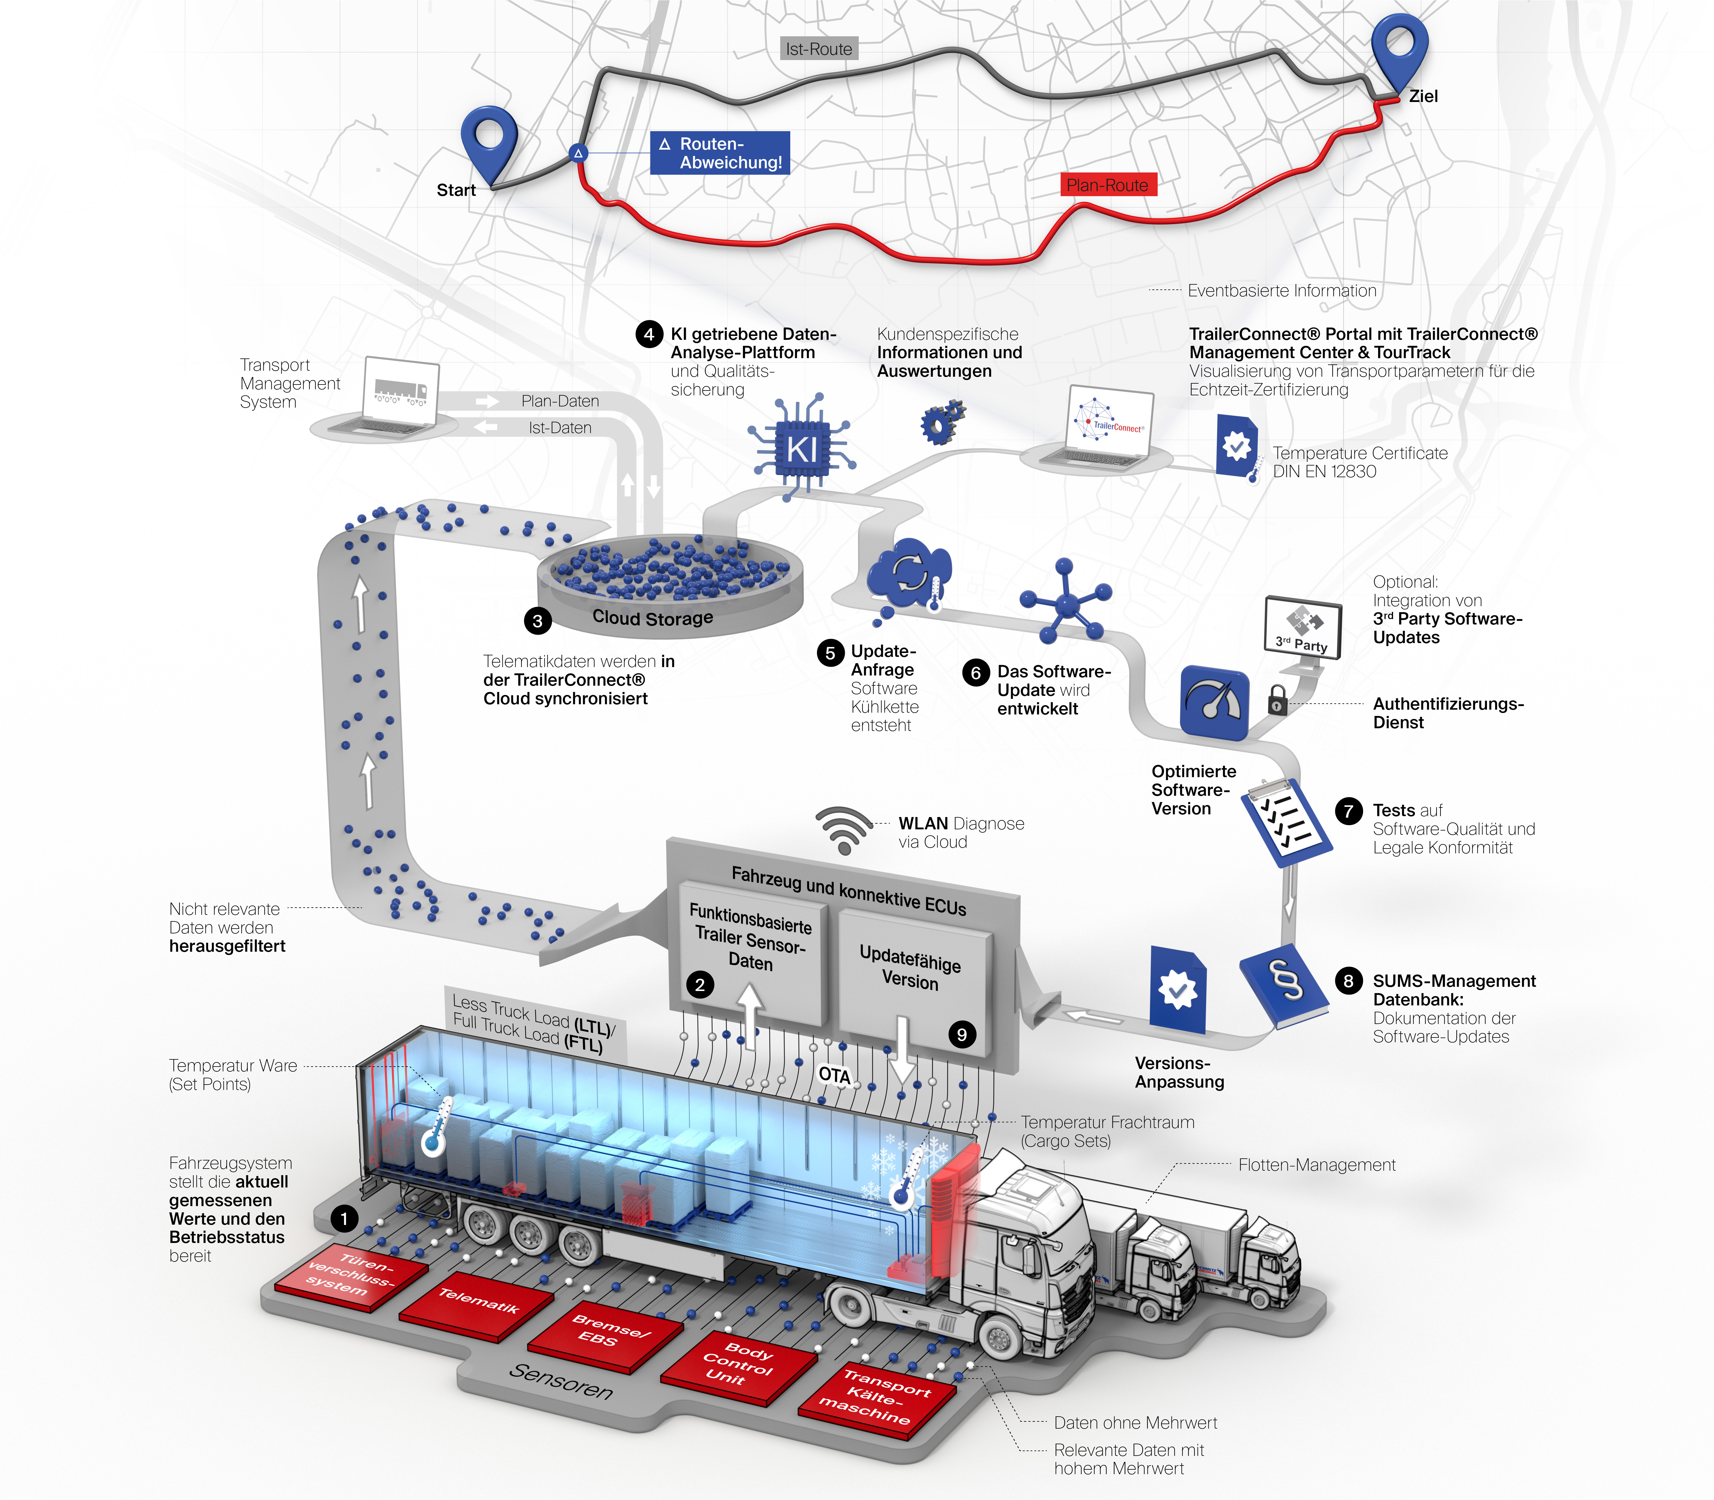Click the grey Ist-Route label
818,49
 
